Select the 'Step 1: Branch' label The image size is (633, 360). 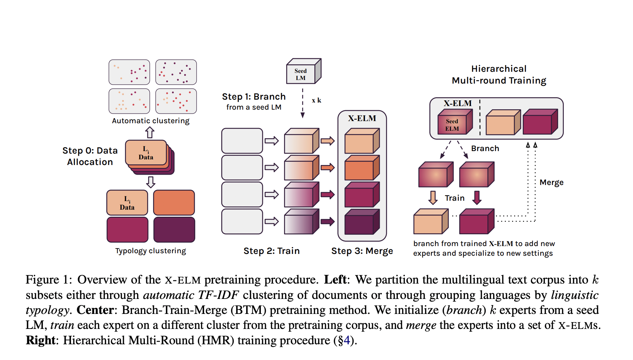254,97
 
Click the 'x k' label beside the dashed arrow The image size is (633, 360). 316,100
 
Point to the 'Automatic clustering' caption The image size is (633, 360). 151,121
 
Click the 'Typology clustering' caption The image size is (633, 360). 151,251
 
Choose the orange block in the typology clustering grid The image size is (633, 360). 174,202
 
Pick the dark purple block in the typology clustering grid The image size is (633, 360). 174,230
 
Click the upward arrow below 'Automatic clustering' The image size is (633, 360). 150,132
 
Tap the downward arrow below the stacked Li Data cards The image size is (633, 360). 151,182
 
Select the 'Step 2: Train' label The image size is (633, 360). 272,251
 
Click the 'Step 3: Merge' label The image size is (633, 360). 362,251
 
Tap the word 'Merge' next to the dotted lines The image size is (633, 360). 551,182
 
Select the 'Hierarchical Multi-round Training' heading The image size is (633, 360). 499,75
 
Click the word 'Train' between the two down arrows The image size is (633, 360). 455,198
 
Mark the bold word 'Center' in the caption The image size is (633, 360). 95,310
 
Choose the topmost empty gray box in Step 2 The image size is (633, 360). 242,141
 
